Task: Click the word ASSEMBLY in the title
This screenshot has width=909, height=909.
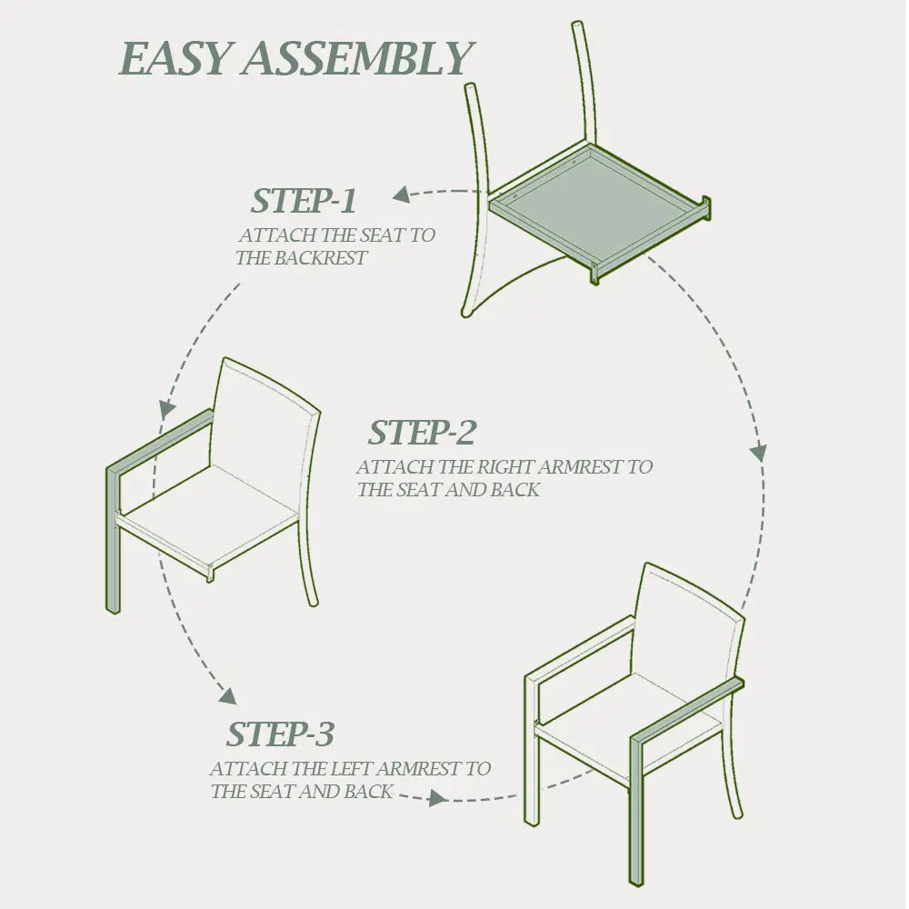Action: pos(358,58)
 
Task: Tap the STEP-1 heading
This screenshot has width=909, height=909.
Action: pos(304,201)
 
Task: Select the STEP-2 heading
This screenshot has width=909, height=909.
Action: pos(422,433)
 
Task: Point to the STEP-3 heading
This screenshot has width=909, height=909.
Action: pos(280,734)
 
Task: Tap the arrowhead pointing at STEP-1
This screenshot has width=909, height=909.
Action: pos(402,195)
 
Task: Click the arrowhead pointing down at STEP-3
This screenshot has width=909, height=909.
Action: pos(228,695)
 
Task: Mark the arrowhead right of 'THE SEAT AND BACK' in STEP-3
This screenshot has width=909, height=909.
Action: pos(437,798)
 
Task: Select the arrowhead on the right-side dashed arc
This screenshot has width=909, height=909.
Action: pos(758,452)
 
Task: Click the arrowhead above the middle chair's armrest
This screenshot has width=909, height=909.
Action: pos(166,409)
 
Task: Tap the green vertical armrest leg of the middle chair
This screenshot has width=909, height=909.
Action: pos(113,539)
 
